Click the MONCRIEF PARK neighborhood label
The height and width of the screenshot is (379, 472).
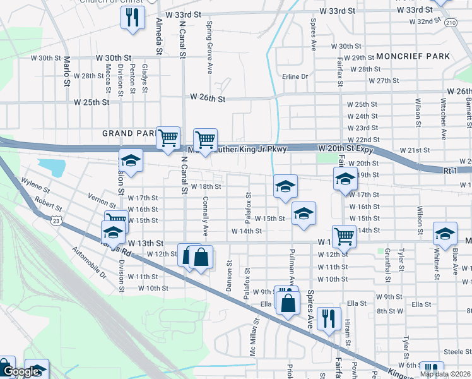point(414,56)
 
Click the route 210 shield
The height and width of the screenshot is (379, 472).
point(450,23)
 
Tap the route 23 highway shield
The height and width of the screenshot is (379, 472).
point(56,219)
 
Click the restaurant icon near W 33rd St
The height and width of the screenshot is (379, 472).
point(133,18)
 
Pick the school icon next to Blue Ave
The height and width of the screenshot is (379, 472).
point(445,233)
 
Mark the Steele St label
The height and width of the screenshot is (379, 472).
point(453,351)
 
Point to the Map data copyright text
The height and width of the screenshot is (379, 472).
point(445,374)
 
